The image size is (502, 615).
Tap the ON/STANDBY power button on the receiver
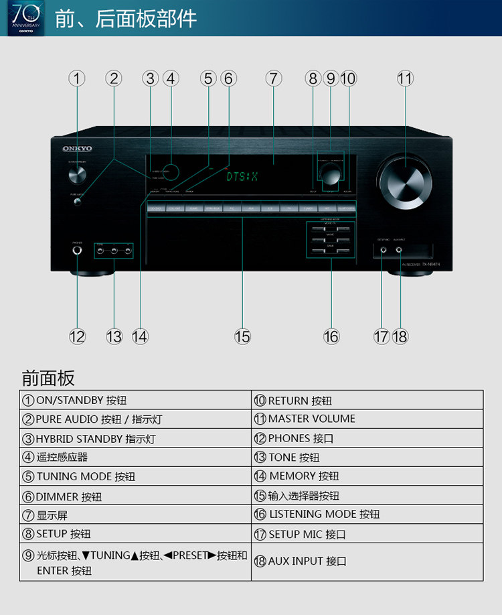[77, 175]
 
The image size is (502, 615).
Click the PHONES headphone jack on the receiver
[77, 251]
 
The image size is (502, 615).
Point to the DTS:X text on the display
[242, 177]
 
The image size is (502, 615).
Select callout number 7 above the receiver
[273, 78]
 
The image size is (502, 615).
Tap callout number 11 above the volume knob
[405, 78]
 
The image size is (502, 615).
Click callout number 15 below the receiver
[242, 336]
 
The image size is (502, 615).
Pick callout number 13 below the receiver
[114, 336]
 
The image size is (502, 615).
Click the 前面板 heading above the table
[48, 378]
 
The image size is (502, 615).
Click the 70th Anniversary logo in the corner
[25, 18]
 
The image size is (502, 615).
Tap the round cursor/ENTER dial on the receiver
[329, 174]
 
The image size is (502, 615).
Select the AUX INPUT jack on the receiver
[400, 251]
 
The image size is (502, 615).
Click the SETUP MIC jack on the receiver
[383, 251]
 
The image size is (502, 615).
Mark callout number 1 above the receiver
[77, 78]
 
